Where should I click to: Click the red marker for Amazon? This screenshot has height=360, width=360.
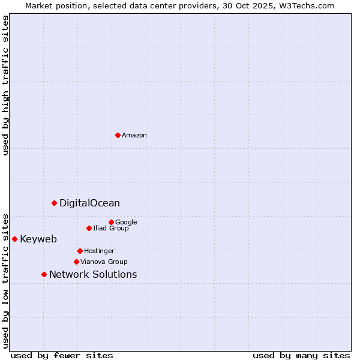tap(118, 135)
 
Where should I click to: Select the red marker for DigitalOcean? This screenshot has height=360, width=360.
tap(54, 203)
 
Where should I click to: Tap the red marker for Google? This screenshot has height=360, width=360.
tap(111, 222)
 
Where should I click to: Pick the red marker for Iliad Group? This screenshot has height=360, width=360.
tap(89, 228)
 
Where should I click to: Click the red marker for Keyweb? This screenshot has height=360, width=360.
tap(14, 239)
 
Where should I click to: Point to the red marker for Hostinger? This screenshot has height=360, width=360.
tap(80, 251)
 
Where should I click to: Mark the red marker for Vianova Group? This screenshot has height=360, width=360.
tap(76, 262)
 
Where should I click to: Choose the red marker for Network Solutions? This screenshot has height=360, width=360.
tap(44, 274)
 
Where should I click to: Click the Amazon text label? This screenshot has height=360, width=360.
tap(134, 136)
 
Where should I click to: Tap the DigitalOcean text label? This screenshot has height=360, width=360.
tap(89, 203)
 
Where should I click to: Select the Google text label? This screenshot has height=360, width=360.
tap(126, 222)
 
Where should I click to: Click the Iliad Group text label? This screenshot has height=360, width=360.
tap(111, 228)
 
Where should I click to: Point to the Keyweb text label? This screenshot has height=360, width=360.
tap(38, 239)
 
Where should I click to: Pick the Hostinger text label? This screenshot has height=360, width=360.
tap(99, 251)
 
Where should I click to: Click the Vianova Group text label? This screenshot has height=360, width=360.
tap(104, 262)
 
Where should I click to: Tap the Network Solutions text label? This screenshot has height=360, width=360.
tap(93, 275)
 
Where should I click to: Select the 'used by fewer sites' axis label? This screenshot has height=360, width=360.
tap(62, 355)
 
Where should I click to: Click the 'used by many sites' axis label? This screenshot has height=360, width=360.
tap(301, 355)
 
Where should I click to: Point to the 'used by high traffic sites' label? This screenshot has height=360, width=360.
tap(5, 85)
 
